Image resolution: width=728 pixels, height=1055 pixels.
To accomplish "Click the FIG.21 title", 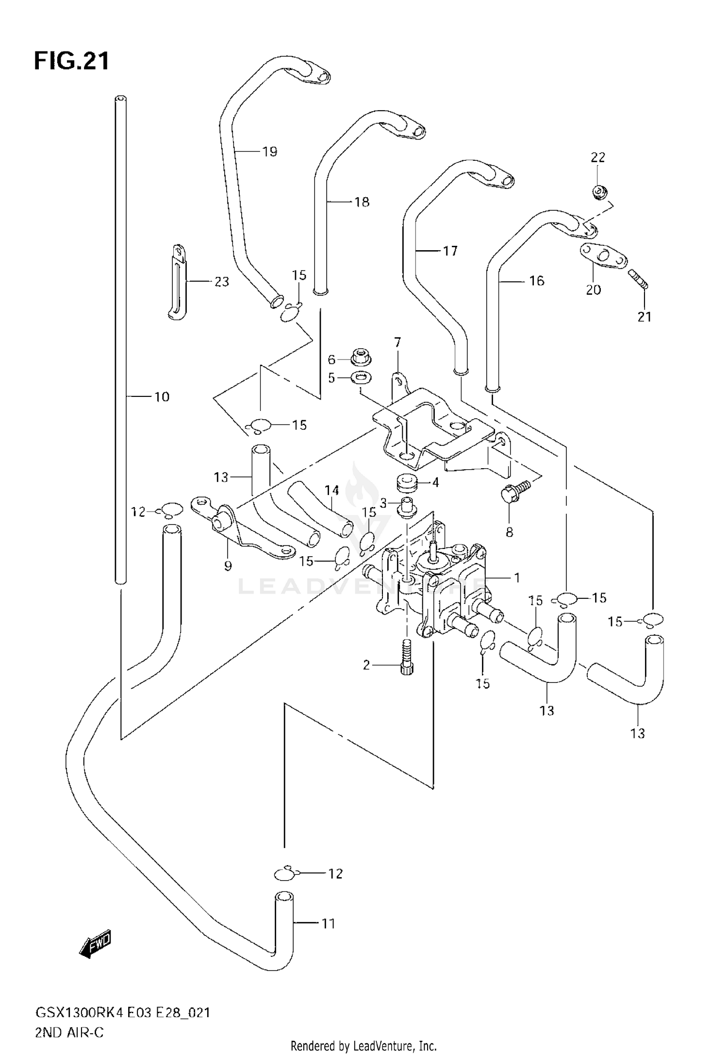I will [72, 62].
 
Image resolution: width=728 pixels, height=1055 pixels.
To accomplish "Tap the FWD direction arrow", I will [95, 945].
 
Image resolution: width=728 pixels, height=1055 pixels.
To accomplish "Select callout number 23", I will [222, 282].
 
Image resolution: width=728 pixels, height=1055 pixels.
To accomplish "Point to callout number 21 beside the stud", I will [644, 317].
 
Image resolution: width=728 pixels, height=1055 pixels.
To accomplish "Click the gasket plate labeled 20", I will [602, 255].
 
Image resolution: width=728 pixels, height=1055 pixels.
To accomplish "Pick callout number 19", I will [270, 152].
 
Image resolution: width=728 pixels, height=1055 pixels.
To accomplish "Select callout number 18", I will [362, 202].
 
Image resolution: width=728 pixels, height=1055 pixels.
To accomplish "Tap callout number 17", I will [450, 251].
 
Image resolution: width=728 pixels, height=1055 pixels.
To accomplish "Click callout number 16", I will [537, 281].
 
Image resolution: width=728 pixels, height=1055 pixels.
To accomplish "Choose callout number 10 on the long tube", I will [162, 397].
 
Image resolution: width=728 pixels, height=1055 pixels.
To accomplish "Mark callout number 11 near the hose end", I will [329, 923].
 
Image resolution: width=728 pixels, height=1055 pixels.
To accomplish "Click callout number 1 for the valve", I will [517, 578].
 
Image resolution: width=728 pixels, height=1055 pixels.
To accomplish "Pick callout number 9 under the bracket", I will [228, 565].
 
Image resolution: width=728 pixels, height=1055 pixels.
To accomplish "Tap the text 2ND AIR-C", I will [69, 1032].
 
